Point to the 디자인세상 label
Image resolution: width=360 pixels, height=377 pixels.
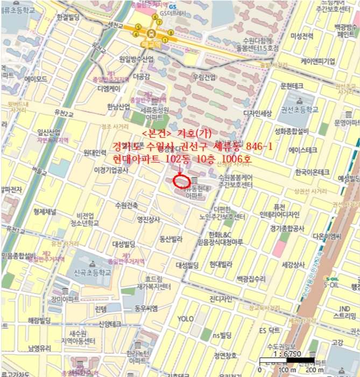[258, 113]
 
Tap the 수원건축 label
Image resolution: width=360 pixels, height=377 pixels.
[126, 205]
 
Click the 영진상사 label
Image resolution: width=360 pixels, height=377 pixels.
[149, 219]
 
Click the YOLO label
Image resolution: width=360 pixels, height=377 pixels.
[185, 319]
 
